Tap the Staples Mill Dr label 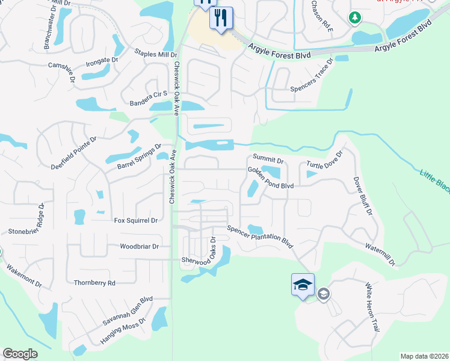pos(155,54)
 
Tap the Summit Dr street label pos(268,161)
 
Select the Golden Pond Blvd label pos(271,178)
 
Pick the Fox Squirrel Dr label pos(135,221)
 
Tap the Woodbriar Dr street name pos(139,246)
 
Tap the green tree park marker pos(355,18)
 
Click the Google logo pos(20,353)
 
